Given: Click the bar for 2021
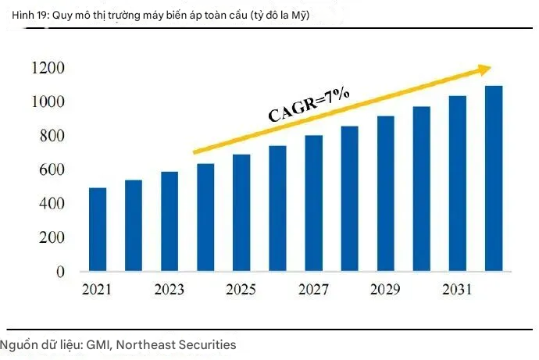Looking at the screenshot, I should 98,230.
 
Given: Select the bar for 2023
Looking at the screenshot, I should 170,222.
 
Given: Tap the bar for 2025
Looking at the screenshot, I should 241,213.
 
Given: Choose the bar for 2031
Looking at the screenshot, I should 458,184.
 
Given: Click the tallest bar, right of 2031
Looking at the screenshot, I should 494,179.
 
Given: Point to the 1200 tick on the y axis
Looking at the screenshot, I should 48,69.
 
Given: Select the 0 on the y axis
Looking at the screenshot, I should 59,272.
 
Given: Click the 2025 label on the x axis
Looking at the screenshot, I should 241,290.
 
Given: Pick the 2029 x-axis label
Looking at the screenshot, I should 386,290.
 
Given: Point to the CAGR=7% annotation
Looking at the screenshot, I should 309,105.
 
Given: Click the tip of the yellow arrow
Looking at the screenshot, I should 491,69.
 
